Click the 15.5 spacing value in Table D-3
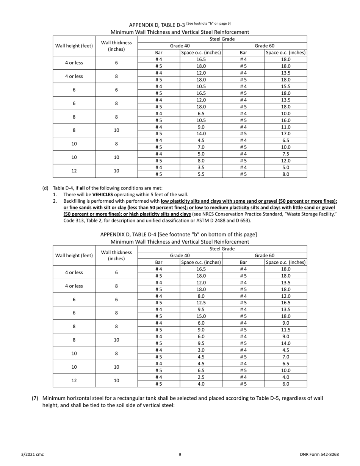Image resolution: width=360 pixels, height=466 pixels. point(286,86)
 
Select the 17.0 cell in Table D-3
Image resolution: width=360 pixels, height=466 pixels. point(286,133)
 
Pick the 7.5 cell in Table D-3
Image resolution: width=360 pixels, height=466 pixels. point(286,154)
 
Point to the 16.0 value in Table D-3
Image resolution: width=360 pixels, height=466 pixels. point(286,120)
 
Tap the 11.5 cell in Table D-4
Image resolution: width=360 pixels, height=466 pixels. point(286,330)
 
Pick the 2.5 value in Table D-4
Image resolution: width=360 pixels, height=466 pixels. point(201,377)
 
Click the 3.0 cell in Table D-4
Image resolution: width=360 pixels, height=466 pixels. point(201,350)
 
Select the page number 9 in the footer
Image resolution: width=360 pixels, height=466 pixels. point(180,454)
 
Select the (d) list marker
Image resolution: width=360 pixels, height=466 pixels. point(45,188)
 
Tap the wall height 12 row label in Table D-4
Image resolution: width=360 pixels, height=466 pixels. point(74,380)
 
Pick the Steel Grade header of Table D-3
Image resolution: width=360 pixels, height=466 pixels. point(222,39)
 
